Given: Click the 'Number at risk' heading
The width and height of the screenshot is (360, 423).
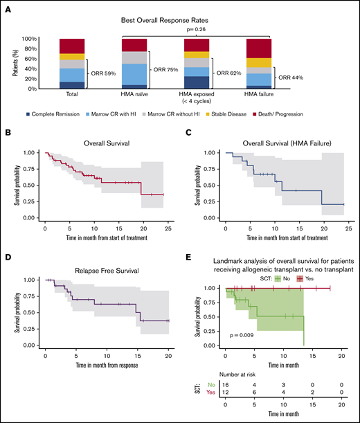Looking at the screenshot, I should (237, 382).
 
